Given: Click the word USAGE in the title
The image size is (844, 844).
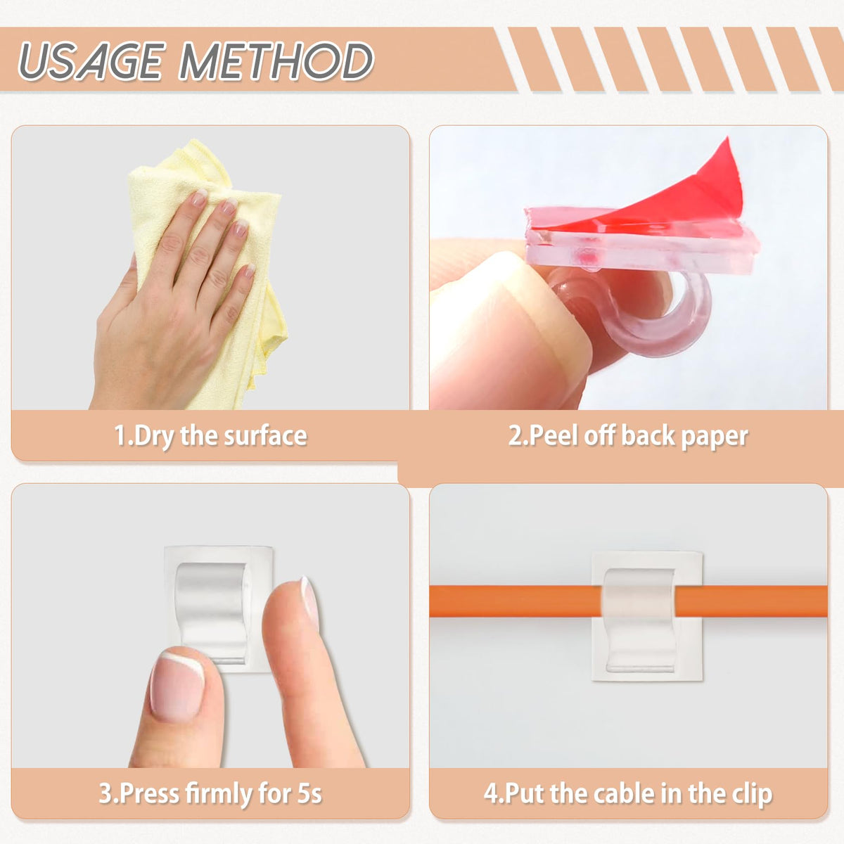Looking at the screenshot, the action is [92, 61].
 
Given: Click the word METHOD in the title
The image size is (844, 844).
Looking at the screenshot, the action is [276, 61].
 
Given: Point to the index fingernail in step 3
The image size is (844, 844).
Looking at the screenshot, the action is [310, 602].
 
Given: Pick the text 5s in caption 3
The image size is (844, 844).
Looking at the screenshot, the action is [309, 793].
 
